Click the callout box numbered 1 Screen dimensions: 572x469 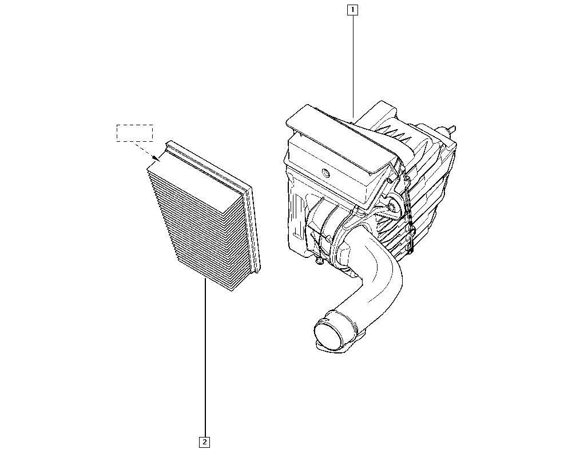(352, 10)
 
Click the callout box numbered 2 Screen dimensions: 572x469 (205, 442)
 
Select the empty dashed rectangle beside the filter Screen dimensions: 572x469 (134, 133)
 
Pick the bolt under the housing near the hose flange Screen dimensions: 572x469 (319, 260)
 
